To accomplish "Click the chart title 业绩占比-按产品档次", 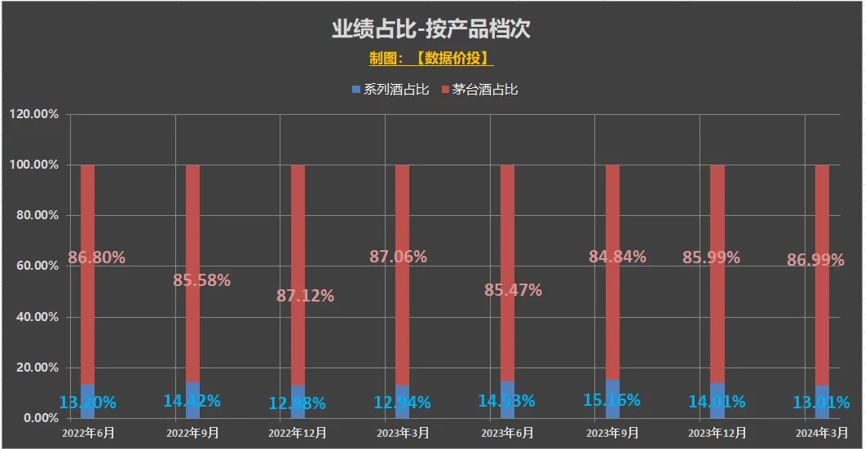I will pyautogui.click(x=431, y=29).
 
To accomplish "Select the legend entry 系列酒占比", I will pyautogui.click(x=391, y=89).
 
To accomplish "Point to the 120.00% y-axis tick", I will pyautogui.click(x=34, y=114).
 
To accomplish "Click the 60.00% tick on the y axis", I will pyautogui.click(x=34, y=266).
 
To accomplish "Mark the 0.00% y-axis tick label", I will pyautogui.click(x=38, y=418).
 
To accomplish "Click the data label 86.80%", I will pyautogui.click(x=96, y=258).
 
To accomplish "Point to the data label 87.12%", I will pyautogui.click(x=305, y=296).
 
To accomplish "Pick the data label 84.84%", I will pyautogui.click(x=617, y=257).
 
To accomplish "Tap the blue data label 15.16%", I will pyautogui.click(x=611, y=400).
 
